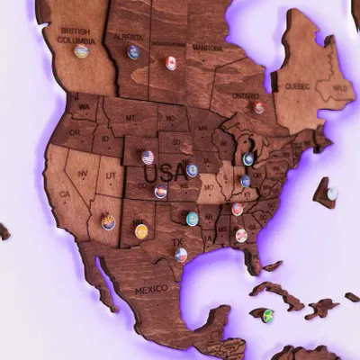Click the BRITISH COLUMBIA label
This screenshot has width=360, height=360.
pyautogui.click(x=76, y=35)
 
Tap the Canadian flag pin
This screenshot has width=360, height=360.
pyautogui.click(x=171, y=63)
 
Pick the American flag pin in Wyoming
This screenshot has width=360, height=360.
pyautogui.click(x=148, y=157)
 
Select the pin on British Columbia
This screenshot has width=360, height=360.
pyautogui.click(x=81, y=51)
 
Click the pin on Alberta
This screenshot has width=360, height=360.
pyautogui.click(x=134, y=52)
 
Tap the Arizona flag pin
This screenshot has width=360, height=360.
pyautogui.click(x=108, y=221)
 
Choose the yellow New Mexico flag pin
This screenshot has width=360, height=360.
pyautogui.click(x=141, y=231)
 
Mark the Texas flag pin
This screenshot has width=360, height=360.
pyautogui.click(x=181, y=255)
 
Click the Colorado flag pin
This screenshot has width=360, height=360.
pyautogui.click(x=160, y=192)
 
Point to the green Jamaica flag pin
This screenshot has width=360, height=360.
pyautogui.click(x=267, y=315)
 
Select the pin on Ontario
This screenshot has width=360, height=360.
pyautogui.click(x=258, y=108)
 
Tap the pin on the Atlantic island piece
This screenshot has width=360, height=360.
pyautogui.click(x=332, y=193)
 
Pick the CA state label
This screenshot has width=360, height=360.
pyautogui.click(x=64, y=194)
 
